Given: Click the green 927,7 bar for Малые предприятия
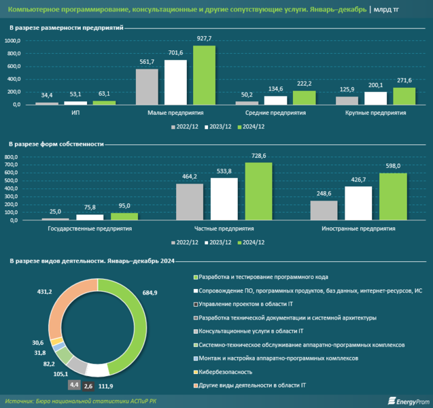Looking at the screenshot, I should [x=204, y=75].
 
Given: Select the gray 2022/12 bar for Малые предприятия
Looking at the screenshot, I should [x=147, y=86].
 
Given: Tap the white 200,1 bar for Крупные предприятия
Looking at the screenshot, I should [x=375, y=98].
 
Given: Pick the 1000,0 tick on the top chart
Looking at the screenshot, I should [x=13, y=41].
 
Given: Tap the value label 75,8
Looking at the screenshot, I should [x=85, y=207].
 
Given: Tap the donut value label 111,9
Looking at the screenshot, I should [x=105, y=387].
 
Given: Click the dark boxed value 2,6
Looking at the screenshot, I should [x=88, y=387].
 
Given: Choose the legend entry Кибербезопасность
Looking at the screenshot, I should [x=220, y=372].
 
